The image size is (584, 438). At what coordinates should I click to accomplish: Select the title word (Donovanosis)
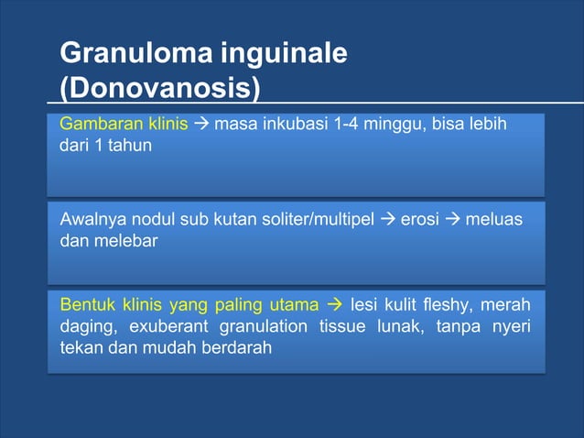click(159, 89)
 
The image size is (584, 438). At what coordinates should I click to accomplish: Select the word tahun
click(135, 145)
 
